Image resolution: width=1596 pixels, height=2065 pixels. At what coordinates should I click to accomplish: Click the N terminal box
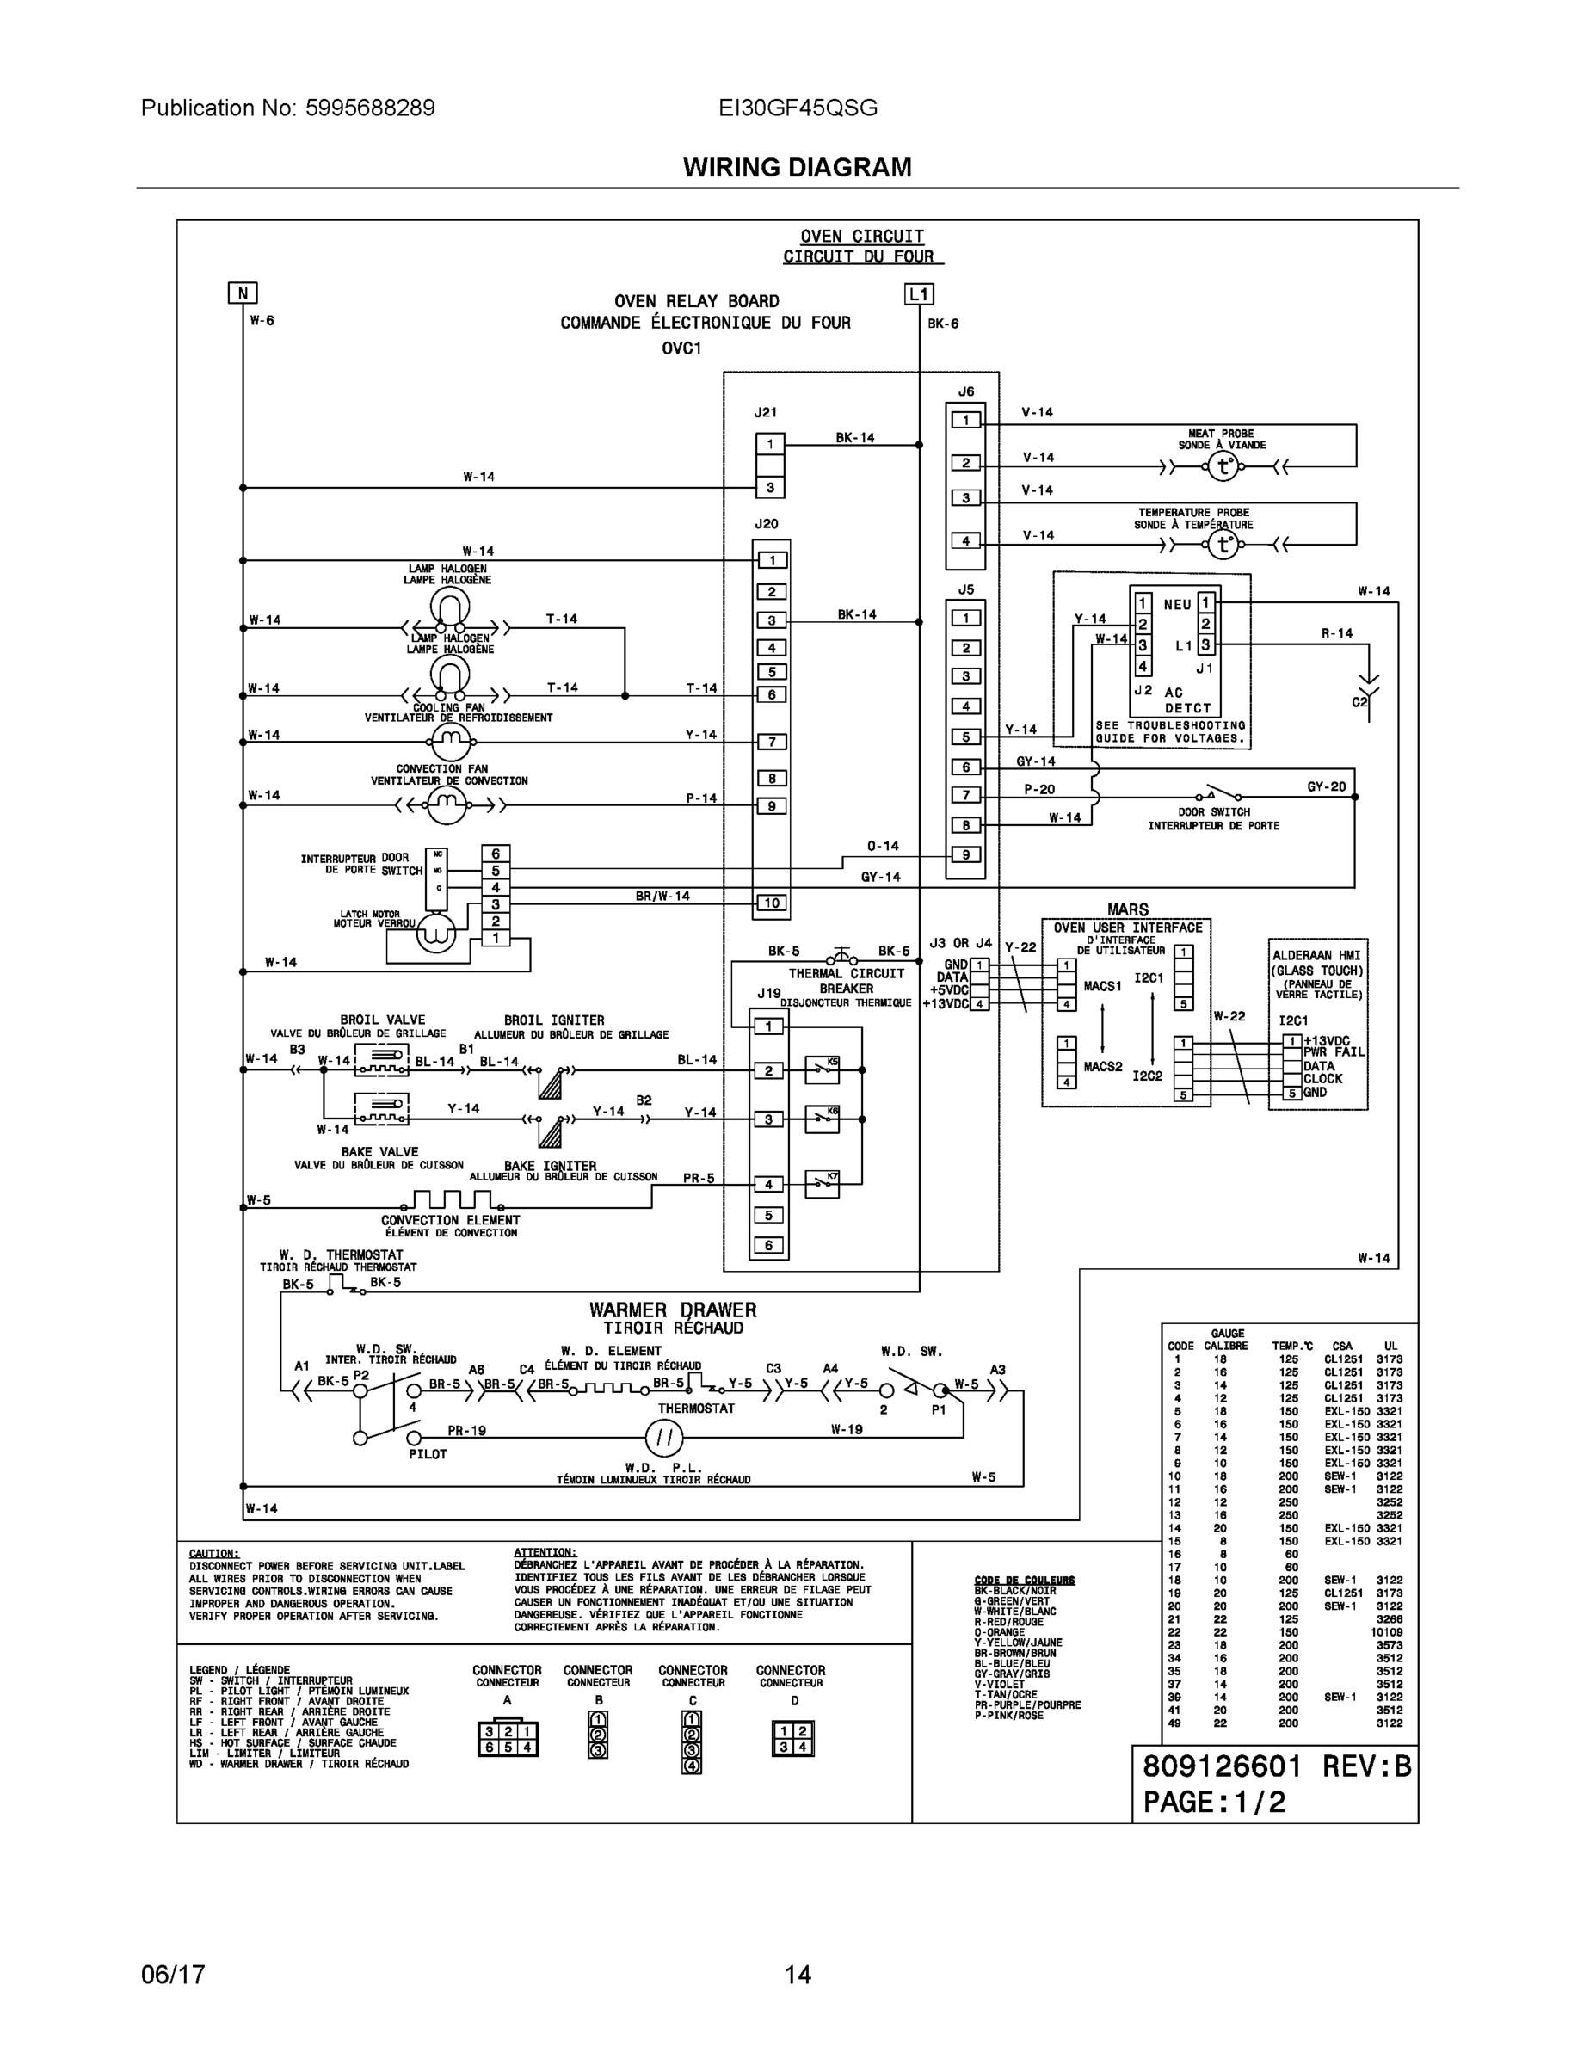(x=243, y=293)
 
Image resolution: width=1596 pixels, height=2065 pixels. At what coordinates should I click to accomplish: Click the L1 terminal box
(x=919, y=294)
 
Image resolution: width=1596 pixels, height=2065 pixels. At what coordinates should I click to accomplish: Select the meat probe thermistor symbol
(x=1223, y=466)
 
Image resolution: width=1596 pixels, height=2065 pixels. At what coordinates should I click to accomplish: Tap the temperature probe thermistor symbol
(x=1223, y=545)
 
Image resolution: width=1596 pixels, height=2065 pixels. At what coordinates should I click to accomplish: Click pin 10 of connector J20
(x=772, y=903)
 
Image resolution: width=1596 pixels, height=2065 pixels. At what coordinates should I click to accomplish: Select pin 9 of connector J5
(x=965, y=854)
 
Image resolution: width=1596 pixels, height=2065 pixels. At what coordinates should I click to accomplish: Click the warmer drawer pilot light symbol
(x=663, y=1439)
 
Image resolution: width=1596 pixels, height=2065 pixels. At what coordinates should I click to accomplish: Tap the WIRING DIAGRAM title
(x=797, y=168)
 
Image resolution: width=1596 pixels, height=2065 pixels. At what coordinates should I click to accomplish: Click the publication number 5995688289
(x=370, y=108)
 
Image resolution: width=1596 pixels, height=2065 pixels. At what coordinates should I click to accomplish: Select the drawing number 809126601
(x=1222, y=1766)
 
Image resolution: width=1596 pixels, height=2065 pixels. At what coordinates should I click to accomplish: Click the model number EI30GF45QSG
(x=797, y=108)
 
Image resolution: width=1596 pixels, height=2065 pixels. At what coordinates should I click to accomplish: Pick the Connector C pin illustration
(x=692, y=1741)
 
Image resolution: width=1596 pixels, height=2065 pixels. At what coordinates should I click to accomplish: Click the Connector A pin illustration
(x=508, y=1739)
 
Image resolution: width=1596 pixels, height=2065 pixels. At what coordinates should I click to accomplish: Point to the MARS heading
(x=1127, y=909)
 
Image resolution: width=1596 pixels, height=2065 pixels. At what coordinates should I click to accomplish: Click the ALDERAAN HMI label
(x=1316, y=956)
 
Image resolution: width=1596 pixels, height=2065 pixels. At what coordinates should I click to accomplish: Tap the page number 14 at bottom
(x=797, y=1975)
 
